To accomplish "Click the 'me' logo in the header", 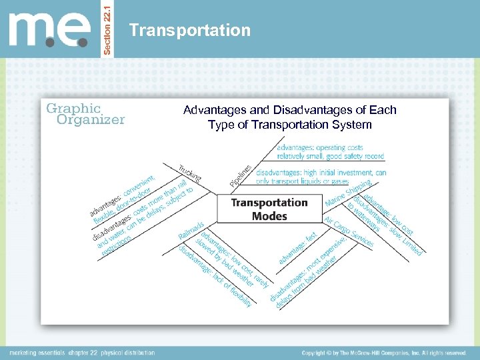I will point(49,30).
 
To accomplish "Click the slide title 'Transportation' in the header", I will point(190,31).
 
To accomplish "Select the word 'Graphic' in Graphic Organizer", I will point(73,108).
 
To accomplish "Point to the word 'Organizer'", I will point(91,121).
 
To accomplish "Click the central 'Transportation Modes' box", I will point(269,209).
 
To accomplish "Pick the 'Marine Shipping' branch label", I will point(347,192).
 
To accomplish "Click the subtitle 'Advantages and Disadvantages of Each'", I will point(289,110).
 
